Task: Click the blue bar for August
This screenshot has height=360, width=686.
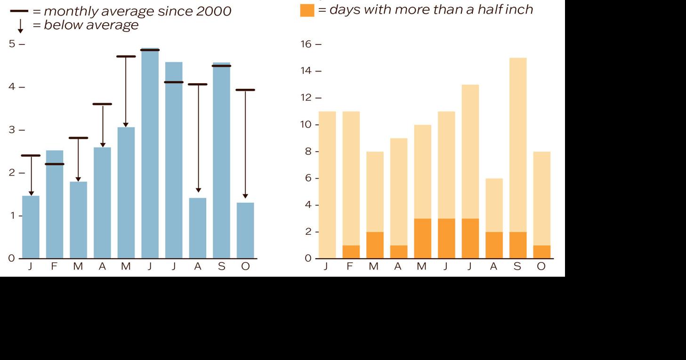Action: (198, 228)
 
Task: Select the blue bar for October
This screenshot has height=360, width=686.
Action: (245, 231)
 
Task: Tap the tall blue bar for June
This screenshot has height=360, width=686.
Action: (150, 155)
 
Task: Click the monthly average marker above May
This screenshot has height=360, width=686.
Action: (126, 56)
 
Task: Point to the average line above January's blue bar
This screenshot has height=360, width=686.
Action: (31, 155)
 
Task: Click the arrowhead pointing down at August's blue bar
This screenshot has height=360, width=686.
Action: (198, 190)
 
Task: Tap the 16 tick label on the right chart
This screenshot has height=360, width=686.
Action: (306, 44)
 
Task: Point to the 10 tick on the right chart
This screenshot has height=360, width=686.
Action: (306, 125)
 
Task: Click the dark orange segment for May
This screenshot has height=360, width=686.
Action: (422, 238)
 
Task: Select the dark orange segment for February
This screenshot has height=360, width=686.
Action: (351, 252)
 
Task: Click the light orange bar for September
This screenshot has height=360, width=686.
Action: (517, 141)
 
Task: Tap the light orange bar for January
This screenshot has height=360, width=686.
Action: (327, 184)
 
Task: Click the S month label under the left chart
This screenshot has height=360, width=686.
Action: (221, 266)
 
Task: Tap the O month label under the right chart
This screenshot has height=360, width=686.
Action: (541, 266)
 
